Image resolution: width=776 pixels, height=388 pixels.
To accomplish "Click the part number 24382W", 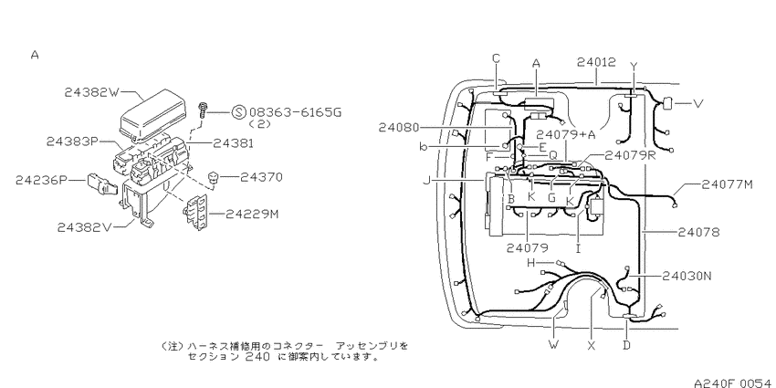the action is coord(92,92).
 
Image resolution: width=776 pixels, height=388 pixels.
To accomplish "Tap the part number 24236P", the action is coord(41,180).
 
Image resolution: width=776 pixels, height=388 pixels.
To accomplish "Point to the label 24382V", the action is coord(85,227).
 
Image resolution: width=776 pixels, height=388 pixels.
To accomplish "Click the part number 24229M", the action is coord(252,214).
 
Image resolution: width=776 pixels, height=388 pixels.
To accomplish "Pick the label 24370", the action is coord(261,177).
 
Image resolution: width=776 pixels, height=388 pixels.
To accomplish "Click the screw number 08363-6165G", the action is coord(296,112).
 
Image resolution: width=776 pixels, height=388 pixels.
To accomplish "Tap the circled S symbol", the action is coord(238,112).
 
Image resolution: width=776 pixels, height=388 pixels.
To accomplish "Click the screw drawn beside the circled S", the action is coord(203,110).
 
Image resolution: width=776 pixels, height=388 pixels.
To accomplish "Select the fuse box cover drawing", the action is coord(153,113).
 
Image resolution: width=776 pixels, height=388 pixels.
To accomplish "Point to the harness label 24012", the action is coord(596,62).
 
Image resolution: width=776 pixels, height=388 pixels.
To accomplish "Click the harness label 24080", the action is coord(399,128).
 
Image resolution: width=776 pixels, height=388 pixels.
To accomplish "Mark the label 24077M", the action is coord(727,184).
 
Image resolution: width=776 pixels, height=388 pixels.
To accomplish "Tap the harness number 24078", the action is coord(698,232).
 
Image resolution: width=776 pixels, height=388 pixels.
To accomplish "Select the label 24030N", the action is coord(686,276).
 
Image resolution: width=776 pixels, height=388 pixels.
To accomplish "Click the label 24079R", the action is coord(630,155).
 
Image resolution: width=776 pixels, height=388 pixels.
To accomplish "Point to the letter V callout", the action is coord(698,104).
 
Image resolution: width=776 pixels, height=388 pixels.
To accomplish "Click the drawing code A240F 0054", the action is coord(732,383).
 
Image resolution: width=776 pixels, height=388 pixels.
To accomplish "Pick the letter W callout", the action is coord(553,344).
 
